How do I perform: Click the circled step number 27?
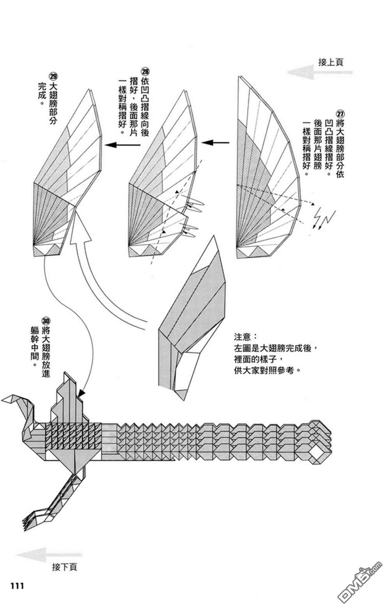tap(340, 113)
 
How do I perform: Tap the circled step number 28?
tap(145, 72)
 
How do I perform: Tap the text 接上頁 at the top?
tap(330, 62)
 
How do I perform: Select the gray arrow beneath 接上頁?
tap(319, 72)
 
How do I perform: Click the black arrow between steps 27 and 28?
tap(215, 142)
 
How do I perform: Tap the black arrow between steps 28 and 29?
tap(122, 145)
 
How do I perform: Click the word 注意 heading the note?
tap(242, 336)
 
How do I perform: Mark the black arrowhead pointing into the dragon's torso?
tap(82, 393)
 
